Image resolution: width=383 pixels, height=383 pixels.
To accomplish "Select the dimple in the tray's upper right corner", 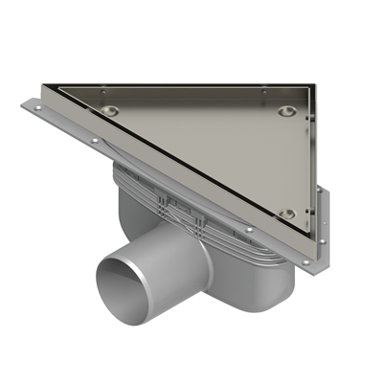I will (286, 111).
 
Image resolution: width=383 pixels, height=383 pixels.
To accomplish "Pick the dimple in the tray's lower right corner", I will (286, 214).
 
